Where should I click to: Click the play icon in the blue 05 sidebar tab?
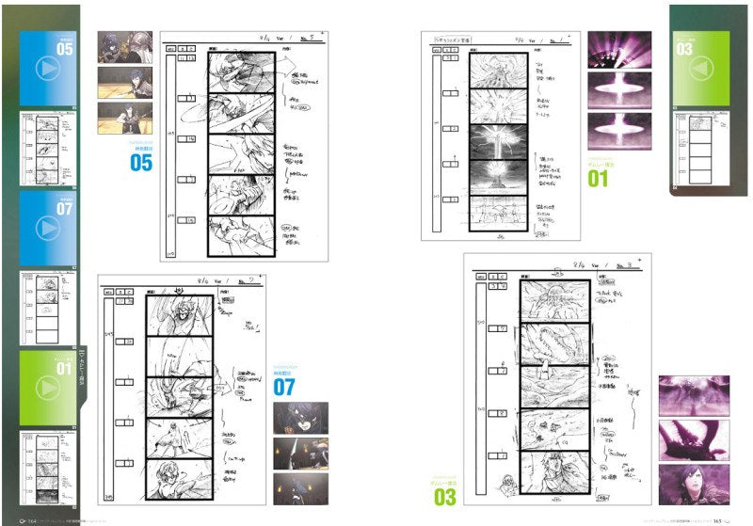tap(49, 71)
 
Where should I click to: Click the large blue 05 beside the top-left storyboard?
tap(140, 163)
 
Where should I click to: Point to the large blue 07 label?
tap(284, 386)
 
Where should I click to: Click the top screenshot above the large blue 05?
tap(124, 47)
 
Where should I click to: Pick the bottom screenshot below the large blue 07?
tap(300, 487)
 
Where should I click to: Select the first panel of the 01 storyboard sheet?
tap(490, 71)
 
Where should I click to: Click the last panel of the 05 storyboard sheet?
tap(241, 234)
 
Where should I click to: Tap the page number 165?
tap(718, 518)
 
